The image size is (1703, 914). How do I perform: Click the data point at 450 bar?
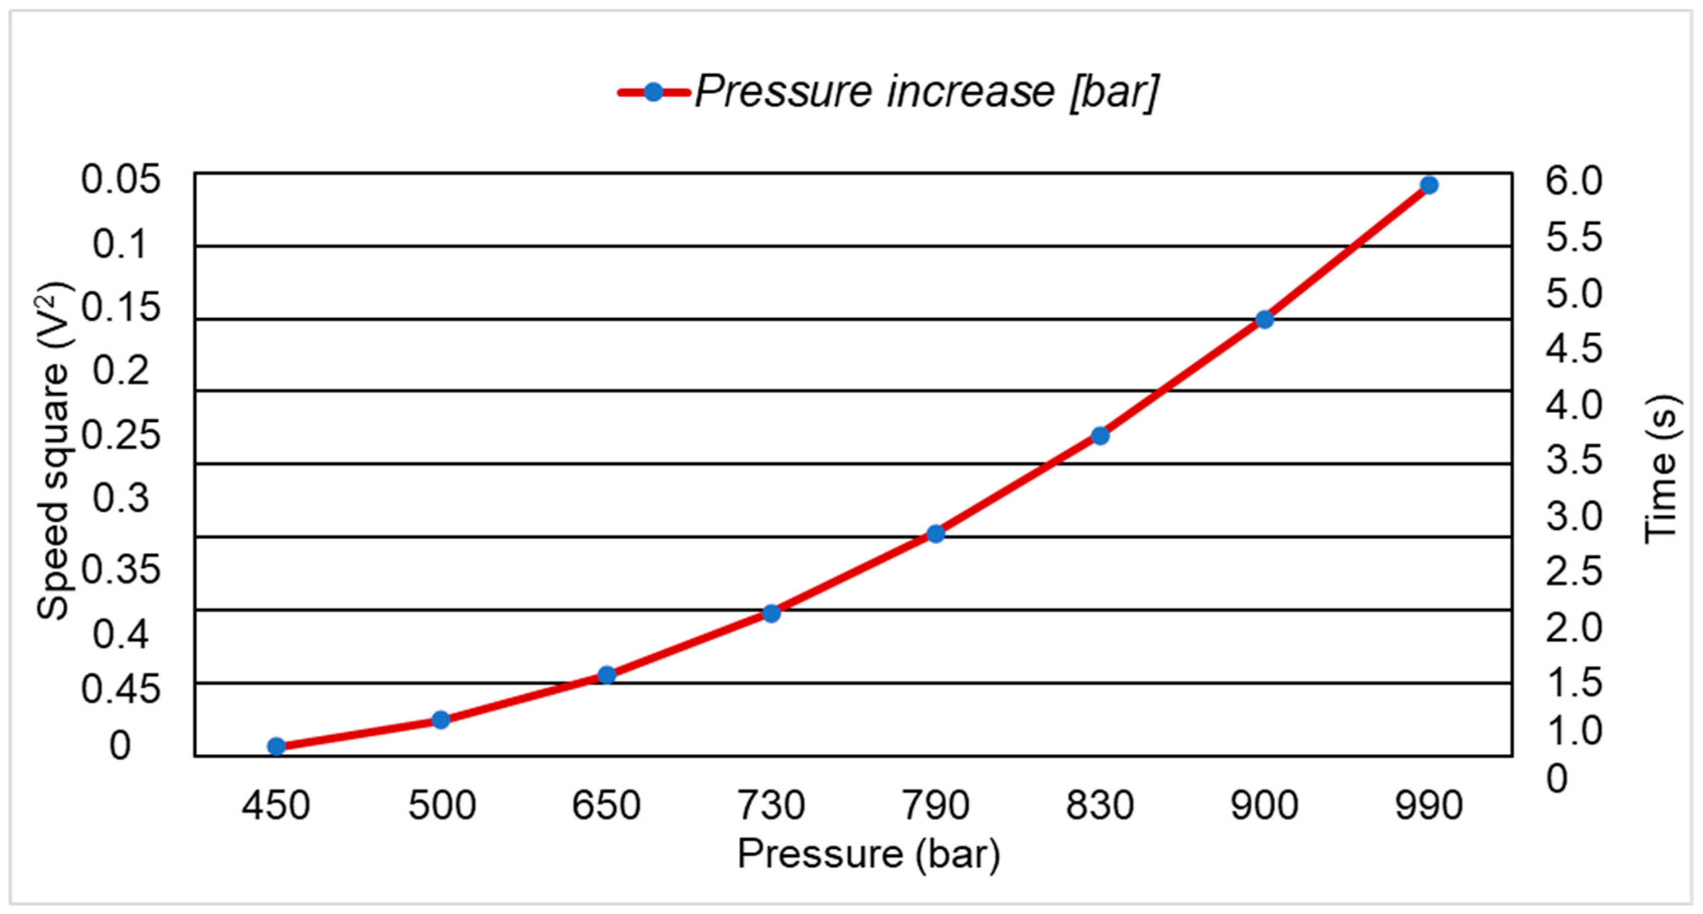click(277, 746)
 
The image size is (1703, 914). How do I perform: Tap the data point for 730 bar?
click(771, 613)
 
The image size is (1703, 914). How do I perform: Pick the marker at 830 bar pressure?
click(1100, 435)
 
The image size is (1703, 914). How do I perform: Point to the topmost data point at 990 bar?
click(1430, 185)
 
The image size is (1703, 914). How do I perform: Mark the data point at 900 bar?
click(1265, 319)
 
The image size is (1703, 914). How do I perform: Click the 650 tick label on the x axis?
click(606, 805)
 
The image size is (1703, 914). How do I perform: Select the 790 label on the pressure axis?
click(936, 805)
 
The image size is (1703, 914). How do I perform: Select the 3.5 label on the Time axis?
click(1574, 460)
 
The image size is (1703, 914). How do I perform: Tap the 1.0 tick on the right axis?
click(1574, 730)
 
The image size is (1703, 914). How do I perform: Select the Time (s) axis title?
click(1661, 469)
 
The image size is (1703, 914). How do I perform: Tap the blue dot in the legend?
click(653, 92)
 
